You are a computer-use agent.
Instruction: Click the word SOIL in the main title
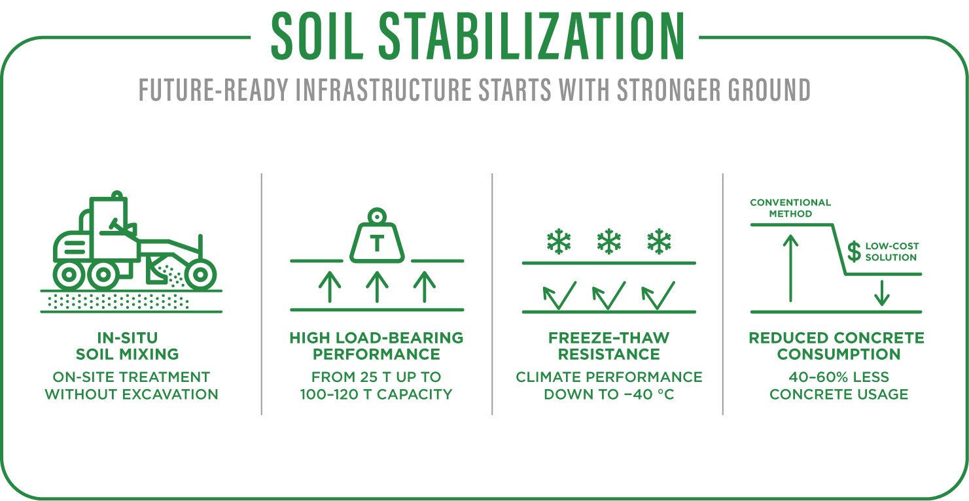point(317,37)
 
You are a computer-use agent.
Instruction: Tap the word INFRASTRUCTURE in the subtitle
point(383,90)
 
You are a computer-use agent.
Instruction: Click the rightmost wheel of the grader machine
point(200,274)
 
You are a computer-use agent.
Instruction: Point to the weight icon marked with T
point(378,236)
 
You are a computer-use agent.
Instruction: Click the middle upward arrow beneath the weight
point(378,286)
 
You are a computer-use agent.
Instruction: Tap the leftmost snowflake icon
point(559,241)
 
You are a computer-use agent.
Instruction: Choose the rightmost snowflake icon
point(660,241)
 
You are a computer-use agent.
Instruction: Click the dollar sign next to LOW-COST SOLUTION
point(854,252)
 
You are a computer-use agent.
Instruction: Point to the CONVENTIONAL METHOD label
point(790,208)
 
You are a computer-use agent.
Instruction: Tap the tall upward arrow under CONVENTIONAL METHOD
point(791,268)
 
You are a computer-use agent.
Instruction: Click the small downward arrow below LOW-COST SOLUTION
point(881,292)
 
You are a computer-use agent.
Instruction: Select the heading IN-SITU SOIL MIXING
point(127,346)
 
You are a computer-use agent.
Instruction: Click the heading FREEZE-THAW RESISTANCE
point(609,346)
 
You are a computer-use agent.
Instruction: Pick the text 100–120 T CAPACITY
point(376,394)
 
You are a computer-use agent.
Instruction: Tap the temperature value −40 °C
point(647,394)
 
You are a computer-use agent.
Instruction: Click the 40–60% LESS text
point(839,377)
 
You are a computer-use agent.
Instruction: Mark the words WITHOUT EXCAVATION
point(132,394)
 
